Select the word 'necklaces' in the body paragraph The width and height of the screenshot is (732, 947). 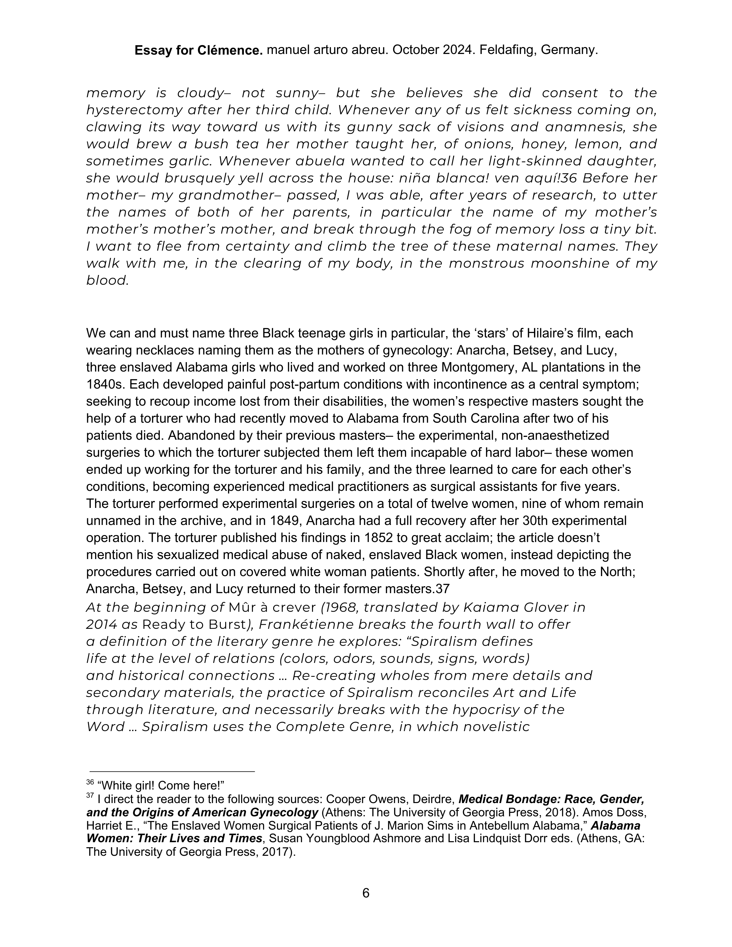168,350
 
